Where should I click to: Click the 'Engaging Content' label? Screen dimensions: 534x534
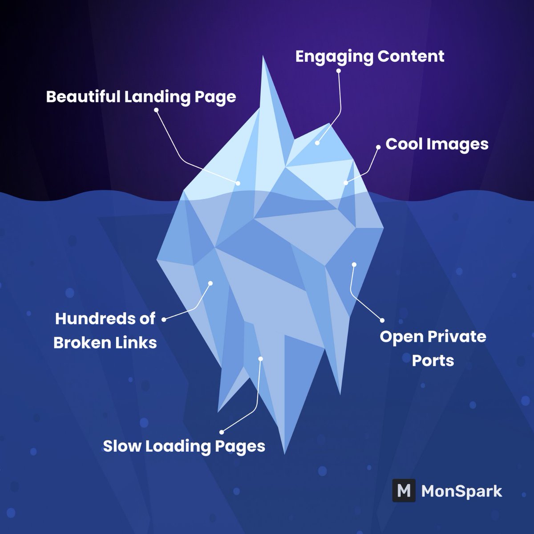click(x=370, y=57)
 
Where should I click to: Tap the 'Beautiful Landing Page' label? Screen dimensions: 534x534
click(x=141, y=97)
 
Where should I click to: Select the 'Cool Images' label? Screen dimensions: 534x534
click(x=437, y=144)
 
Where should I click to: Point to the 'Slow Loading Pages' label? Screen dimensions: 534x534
click(x=184, y=445)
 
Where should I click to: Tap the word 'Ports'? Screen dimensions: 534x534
click(x=433, y=360)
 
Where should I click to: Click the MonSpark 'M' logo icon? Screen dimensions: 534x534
click(x=403, y=491)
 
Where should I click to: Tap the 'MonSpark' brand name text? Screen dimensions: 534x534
click(x=461, y=491)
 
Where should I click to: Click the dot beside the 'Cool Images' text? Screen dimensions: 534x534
click(x=378, y=146)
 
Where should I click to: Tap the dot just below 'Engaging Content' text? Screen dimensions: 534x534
click(x=339, y=70)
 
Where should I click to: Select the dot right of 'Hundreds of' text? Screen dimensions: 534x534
click(x=164, y=319)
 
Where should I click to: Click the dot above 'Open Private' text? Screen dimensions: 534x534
click(x=381, y=320)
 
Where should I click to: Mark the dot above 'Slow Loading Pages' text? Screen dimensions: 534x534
click(x=222, y=431)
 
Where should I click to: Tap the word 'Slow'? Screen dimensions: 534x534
click(x=121, y=445)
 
